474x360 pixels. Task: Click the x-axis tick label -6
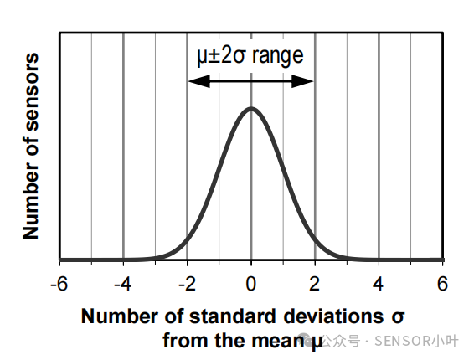(x=59, y=283)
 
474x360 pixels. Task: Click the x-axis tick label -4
(x=122, y=283)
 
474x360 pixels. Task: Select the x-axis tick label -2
(x=186, y=283)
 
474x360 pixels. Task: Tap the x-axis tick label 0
(x=251, y=283)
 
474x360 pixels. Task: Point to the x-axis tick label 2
(x=315, y=283)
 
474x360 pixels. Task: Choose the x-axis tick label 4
(x=379, y=283)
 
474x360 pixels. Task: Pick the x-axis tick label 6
(x=442, y=283)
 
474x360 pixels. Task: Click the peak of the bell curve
(x=251, y=108)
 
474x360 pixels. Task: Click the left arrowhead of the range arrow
(x=193, y=81)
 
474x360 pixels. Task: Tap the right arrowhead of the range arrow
(x=308, y=81)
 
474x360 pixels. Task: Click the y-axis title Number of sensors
(x=32, y=146)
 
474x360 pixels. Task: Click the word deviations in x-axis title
(x=334, y=316)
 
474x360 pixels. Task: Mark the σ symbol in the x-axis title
(x=399, y=316)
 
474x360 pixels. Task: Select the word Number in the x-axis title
(x=119, y=316)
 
